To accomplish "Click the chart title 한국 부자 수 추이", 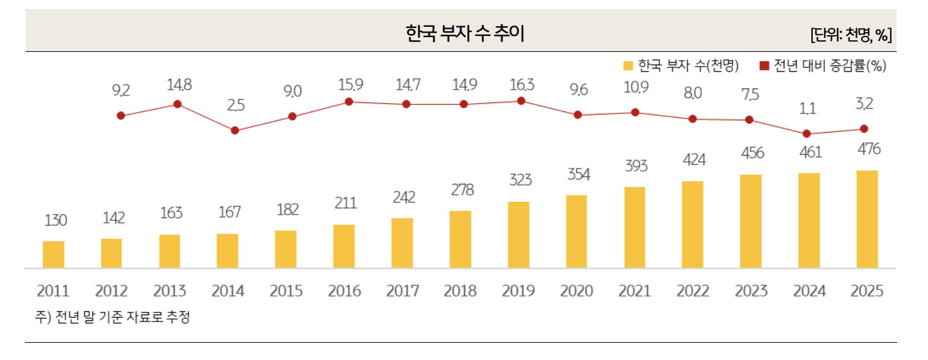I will coord(465,33).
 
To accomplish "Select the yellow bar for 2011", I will coord(53,254).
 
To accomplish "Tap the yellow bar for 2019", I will coord(518,234).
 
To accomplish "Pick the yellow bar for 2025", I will coord(867,219).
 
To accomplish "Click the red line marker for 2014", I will coord(235,130).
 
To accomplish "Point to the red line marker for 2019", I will coord(521,101).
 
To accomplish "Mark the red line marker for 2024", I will coord(806,134).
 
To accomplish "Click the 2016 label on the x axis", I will coord(344,291).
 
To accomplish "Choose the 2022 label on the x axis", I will coord(693,291).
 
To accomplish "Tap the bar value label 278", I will coord(461,190).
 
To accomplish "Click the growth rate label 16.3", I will coord(521,85).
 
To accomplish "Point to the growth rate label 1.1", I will coord(808,109).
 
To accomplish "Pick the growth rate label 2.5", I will coord(236,105).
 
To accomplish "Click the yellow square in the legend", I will coord(628,66).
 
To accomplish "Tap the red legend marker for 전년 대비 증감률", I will coord(764,66).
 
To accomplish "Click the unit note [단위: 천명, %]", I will coord(850,35).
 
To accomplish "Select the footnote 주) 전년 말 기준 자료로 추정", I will coord(113,317).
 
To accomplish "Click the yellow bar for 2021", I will coord(634,227).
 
